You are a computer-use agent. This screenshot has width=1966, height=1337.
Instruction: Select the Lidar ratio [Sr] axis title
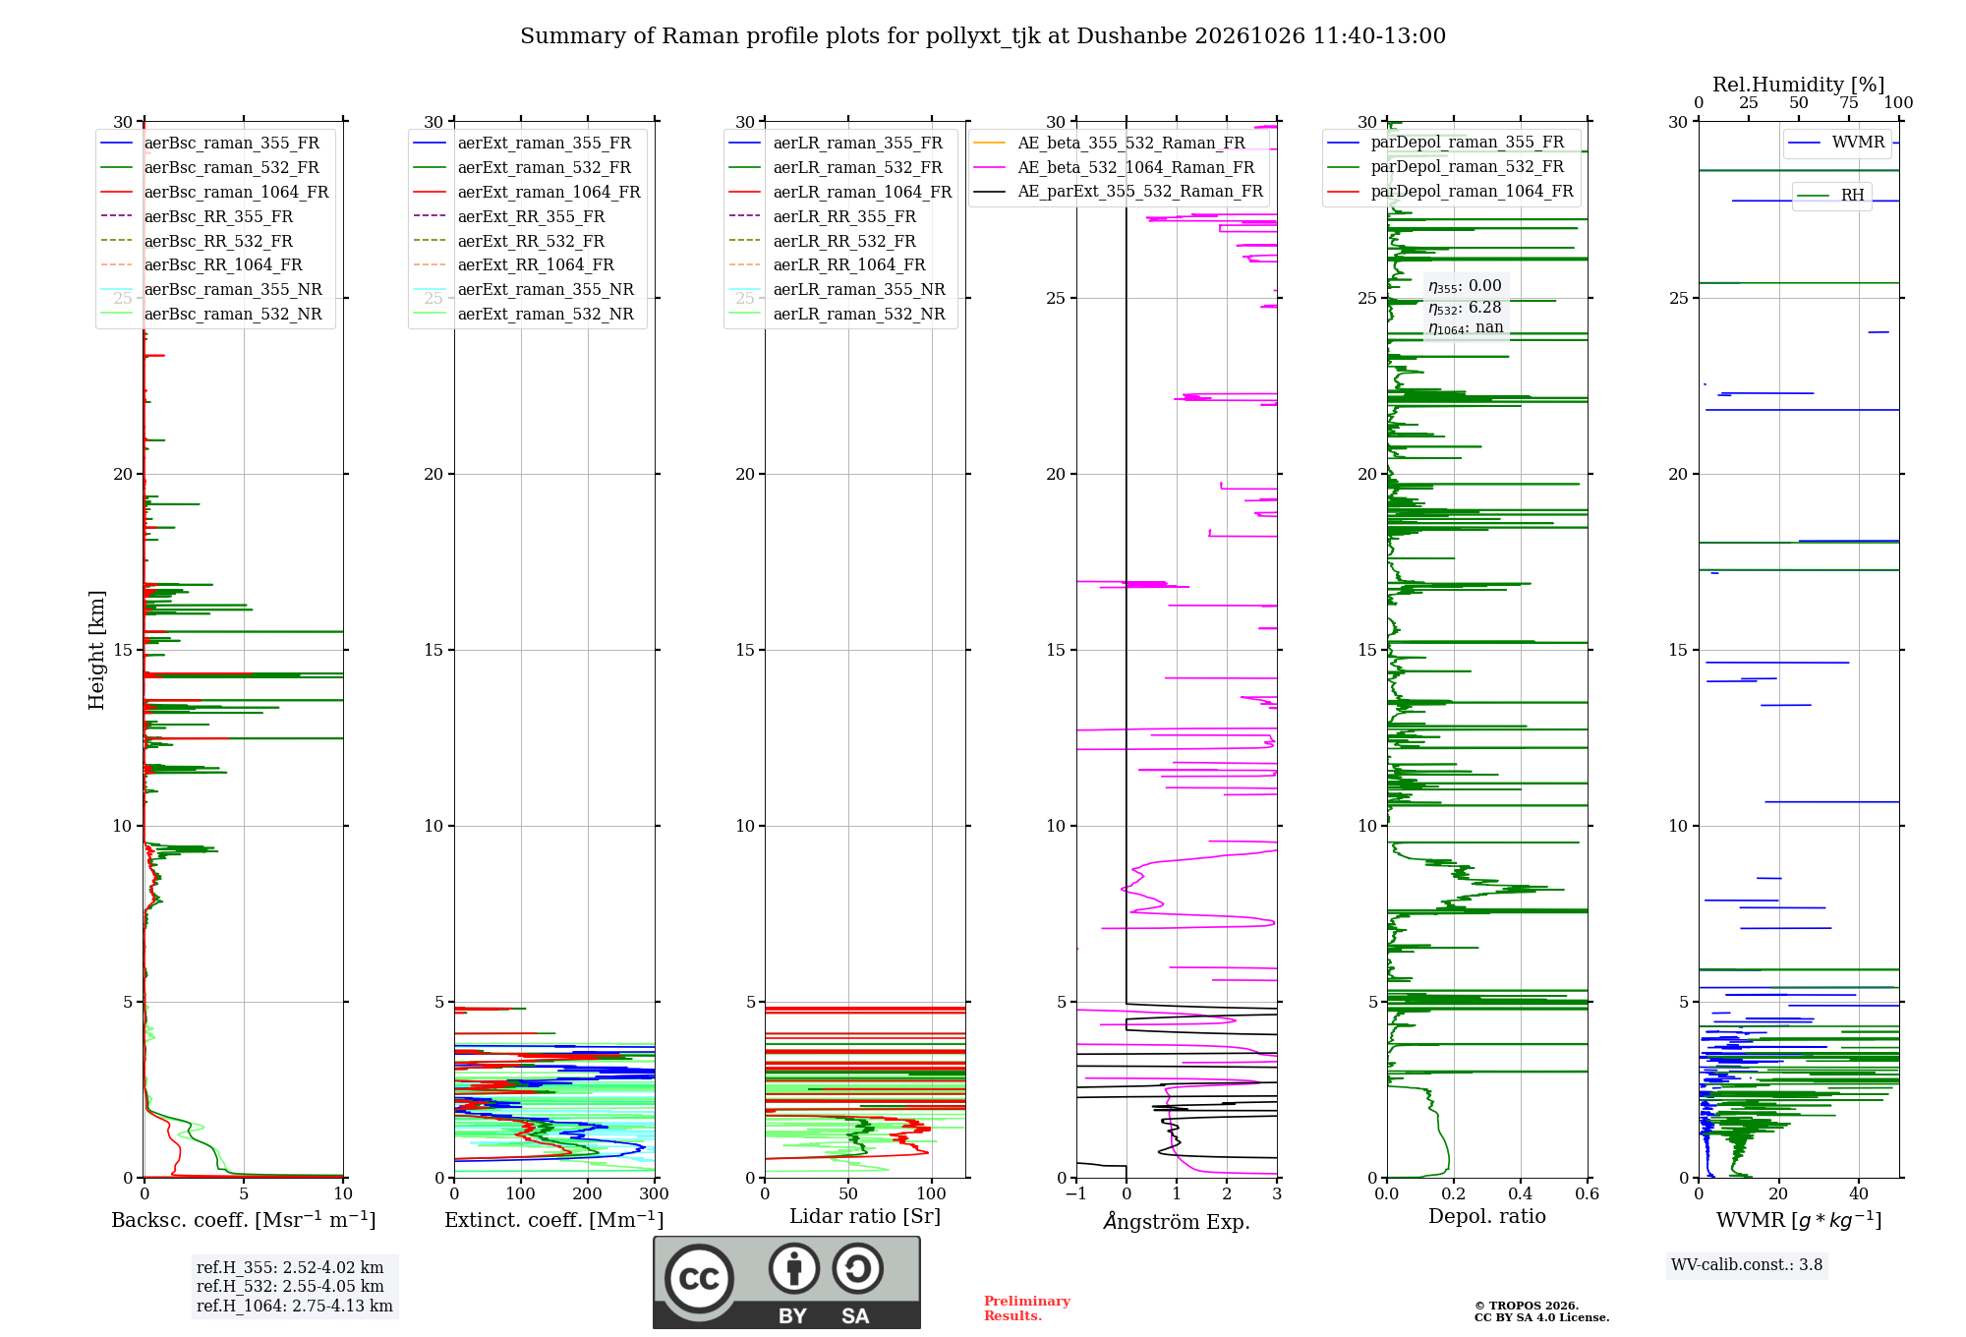click(x=865, y=1217)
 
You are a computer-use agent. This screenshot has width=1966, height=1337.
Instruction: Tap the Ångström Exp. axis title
click(x=1177, y=1221)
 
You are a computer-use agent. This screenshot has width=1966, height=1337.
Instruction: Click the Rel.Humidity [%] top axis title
click(x=1798, y=85)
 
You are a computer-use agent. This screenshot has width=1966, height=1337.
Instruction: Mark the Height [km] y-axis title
click(x=96, y=650)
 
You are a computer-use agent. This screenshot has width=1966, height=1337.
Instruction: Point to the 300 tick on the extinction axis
click(x=655, y=1194)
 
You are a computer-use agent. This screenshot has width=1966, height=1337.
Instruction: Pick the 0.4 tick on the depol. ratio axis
click(x=1521, y=1194)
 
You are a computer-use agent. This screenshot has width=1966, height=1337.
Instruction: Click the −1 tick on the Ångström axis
click(x=1076, y=1194)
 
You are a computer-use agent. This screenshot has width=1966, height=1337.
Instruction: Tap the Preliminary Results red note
click(x=1027, y=1308)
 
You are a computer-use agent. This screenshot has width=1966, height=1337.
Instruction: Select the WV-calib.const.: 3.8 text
click(x=1747, y=1265)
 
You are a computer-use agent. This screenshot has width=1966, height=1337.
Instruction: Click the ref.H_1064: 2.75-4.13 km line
click(x=295, y=1307)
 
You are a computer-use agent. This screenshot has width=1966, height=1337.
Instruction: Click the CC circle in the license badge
click(x=699, y=1279)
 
